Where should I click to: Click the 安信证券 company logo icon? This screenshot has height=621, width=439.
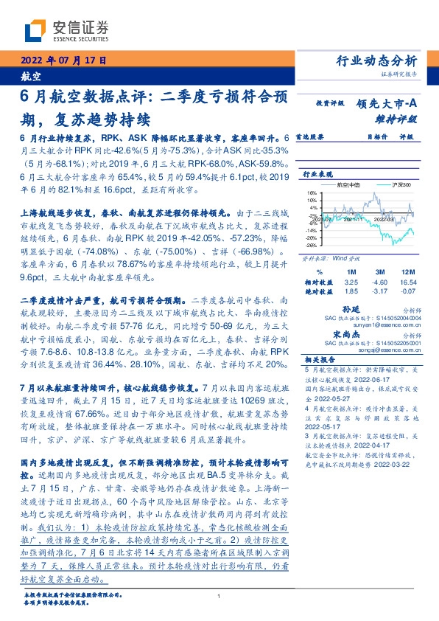tap(35, 32)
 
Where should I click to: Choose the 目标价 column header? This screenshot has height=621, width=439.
tap(377, 137)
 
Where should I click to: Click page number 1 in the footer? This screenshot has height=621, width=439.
tap(219, 597)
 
